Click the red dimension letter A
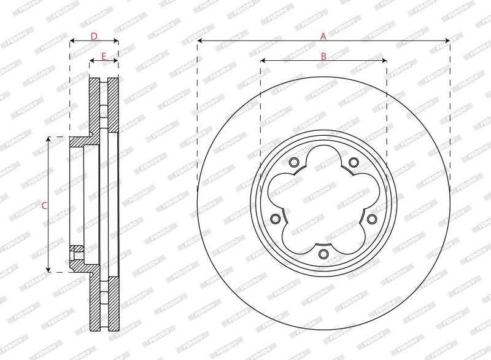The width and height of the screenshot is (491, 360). pos(323,36)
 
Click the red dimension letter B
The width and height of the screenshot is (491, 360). pos(323,57)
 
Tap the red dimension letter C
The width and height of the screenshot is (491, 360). pos(44,206)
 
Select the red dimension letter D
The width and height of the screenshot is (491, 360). pos(94,36)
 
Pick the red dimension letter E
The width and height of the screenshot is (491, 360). pos(104,57)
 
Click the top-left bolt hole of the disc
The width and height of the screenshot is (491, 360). pos(294,162)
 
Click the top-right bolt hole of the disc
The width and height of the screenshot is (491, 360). pos(354,162)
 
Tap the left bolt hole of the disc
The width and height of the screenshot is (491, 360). pos(275,219)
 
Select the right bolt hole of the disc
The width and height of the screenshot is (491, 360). pos(372,219)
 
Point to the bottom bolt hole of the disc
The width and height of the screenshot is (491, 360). pos(323,254)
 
